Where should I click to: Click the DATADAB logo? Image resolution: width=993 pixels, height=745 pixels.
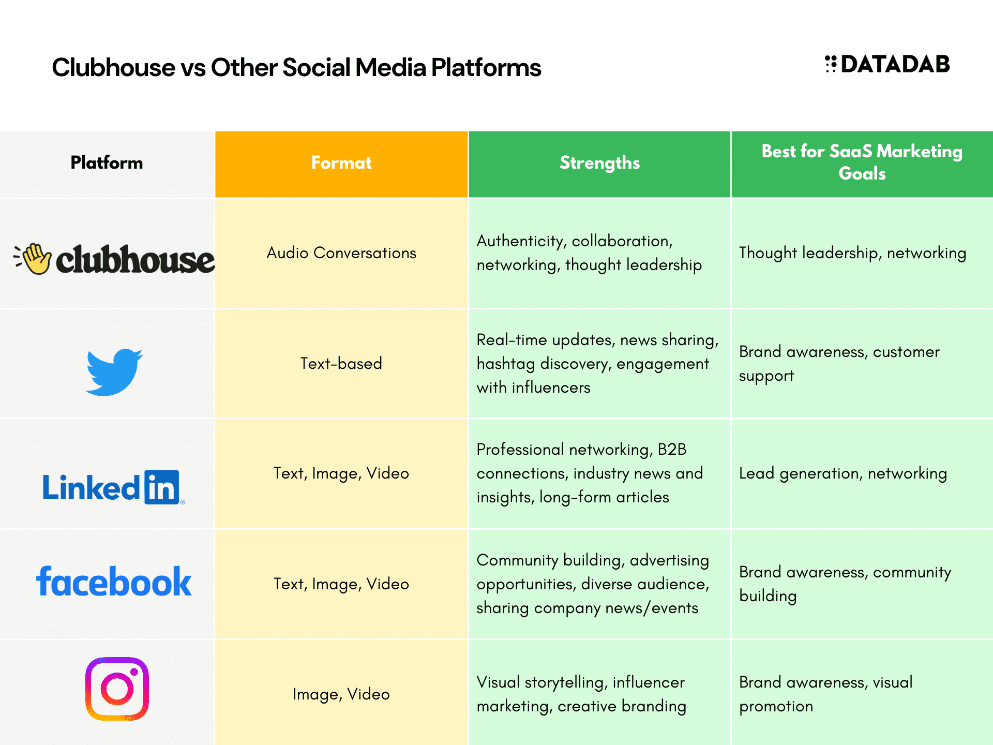[887, 64]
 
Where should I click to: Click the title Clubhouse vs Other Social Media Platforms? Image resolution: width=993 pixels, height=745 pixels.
[296, 68]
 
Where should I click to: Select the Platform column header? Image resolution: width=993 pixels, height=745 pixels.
[107, 162]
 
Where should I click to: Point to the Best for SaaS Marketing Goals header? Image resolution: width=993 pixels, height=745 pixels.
[862, 162]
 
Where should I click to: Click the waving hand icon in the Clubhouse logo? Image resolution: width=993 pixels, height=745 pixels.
[33, 259]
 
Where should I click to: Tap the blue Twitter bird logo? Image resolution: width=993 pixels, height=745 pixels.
[114, 372]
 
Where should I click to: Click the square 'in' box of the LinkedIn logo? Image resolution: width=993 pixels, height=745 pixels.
[162, 487]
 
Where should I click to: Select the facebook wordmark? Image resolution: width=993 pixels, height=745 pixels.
[114, 582]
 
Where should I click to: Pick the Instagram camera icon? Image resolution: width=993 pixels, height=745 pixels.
[117, 689]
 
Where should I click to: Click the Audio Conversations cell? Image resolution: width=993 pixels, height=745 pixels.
[341, 253]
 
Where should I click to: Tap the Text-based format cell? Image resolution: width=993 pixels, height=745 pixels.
[341, 363]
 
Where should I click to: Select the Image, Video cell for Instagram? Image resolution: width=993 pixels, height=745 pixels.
[341, 694]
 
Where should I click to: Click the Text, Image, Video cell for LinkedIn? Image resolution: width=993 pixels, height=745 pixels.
[341, 473]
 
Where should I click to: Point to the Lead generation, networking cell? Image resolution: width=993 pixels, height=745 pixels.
[843, 473]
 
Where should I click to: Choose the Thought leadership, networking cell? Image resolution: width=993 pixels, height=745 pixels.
[852, 253]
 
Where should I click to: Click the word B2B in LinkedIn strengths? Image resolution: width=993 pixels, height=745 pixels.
[672, 449]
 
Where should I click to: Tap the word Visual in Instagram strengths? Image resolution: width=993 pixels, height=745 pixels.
[498, 682]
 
